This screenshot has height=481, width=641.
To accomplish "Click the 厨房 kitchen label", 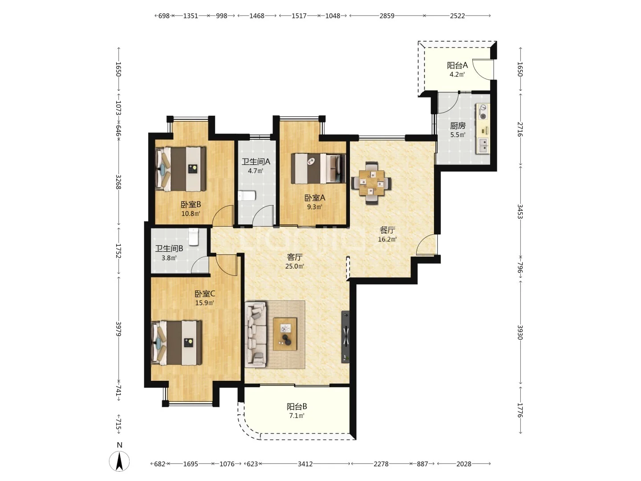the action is (x=457, y=126).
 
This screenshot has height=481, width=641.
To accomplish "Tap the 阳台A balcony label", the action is (x=457, y=65).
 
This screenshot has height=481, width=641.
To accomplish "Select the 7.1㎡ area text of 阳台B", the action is (x=297, y=416).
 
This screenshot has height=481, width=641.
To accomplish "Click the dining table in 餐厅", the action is (x=371, y=183).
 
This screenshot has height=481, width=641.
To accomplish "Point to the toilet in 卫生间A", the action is (x=247, y=196).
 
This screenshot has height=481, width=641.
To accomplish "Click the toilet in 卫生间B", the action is (x=194, y=237).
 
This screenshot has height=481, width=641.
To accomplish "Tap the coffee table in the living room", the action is (x=285, y=334).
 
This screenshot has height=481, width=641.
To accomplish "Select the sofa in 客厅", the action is (x=256, y=334).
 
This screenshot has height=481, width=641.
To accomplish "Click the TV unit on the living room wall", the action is (x=345, y=337).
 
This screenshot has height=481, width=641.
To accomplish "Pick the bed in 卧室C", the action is (x=177, y=342).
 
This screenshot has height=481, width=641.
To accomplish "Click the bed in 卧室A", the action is (x=318, y=169).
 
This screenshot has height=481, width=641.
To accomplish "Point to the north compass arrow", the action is (x=119, y=461).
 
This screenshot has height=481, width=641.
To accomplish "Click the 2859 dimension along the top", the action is (x=387, y=16).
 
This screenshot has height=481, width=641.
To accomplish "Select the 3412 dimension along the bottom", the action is (x=305, y=464).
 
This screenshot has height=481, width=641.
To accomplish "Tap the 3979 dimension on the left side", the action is (x=118, y=329).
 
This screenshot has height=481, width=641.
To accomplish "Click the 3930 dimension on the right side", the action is (x=520, y=332).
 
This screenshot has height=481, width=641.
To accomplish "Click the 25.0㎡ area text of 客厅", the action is (x=294, y=266).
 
